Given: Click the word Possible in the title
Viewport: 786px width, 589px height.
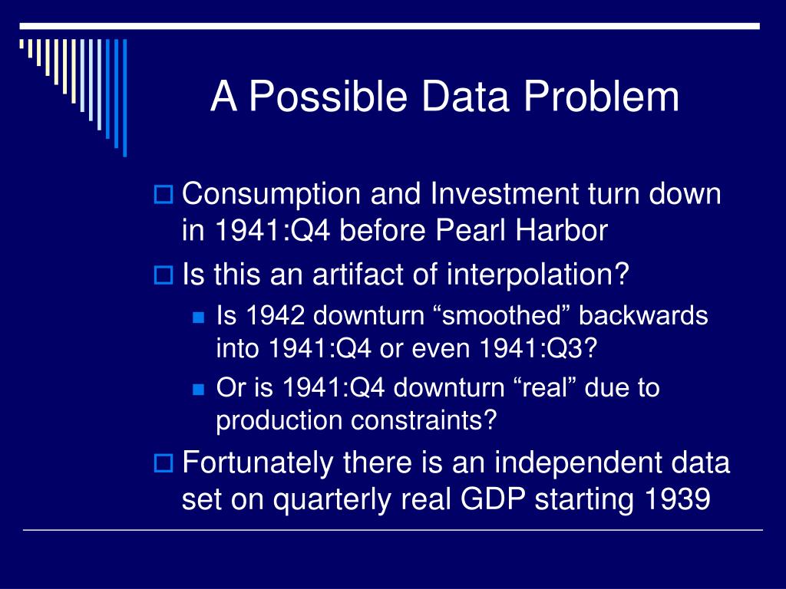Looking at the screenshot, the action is coord(329,96).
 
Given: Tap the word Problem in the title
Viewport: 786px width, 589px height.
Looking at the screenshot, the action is coord(601,96).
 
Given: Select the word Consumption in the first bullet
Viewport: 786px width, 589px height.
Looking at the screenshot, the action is coord(271,194).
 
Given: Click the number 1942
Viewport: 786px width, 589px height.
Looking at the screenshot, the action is coord(275,315).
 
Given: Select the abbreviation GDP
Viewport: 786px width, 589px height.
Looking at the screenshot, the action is coord(493,499).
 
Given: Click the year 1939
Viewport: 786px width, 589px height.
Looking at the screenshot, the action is coord(677,499).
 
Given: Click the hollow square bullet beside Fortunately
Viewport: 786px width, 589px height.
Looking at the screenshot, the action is coord(163,462).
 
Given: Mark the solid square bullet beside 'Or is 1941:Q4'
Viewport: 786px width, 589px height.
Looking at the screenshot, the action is coord(199,389).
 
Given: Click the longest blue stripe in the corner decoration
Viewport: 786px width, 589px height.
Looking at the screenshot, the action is coord(125,97).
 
